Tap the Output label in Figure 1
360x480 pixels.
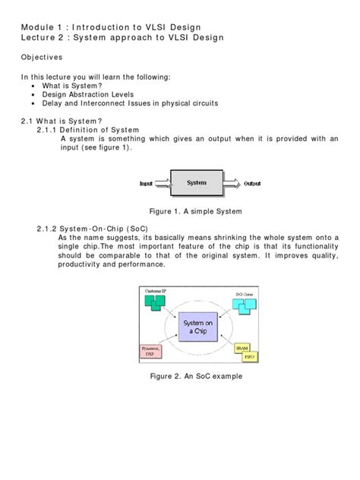pyautogui.click(x=252, y=184)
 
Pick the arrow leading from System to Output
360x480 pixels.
pyautogui.click(x=232, y=184)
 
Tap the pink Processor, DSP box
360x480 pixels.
pyautogui.click(x=153, y=352)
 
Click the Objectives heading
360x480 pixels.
pyautogui.click(x=42, y=57)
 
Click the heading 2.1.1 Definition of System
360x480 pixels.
pyautogui.click(x=92, y=129)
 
